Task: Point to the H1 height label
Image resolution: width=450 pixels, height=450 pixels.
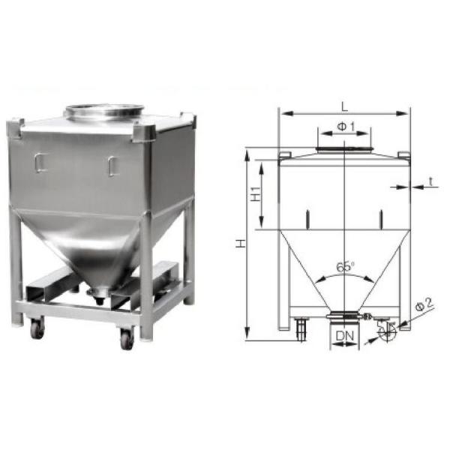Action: click(x=255, y=194)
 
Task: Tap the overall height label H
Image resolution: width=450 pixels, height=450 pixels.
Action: click(x=239, y=244)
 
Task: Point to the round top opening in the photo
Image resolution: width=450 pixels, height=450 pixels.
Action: click(x=103, y=112)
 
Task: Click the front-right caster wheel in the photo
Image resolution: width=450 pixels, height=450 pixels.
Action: click(x=126, y=339)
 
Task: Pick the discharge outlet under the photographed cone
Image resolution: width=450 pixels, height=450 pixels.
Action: click(x=97, y=295)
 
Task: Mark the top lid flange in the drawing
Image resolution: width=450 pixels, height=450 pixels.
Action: click(x=344, y=151)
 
